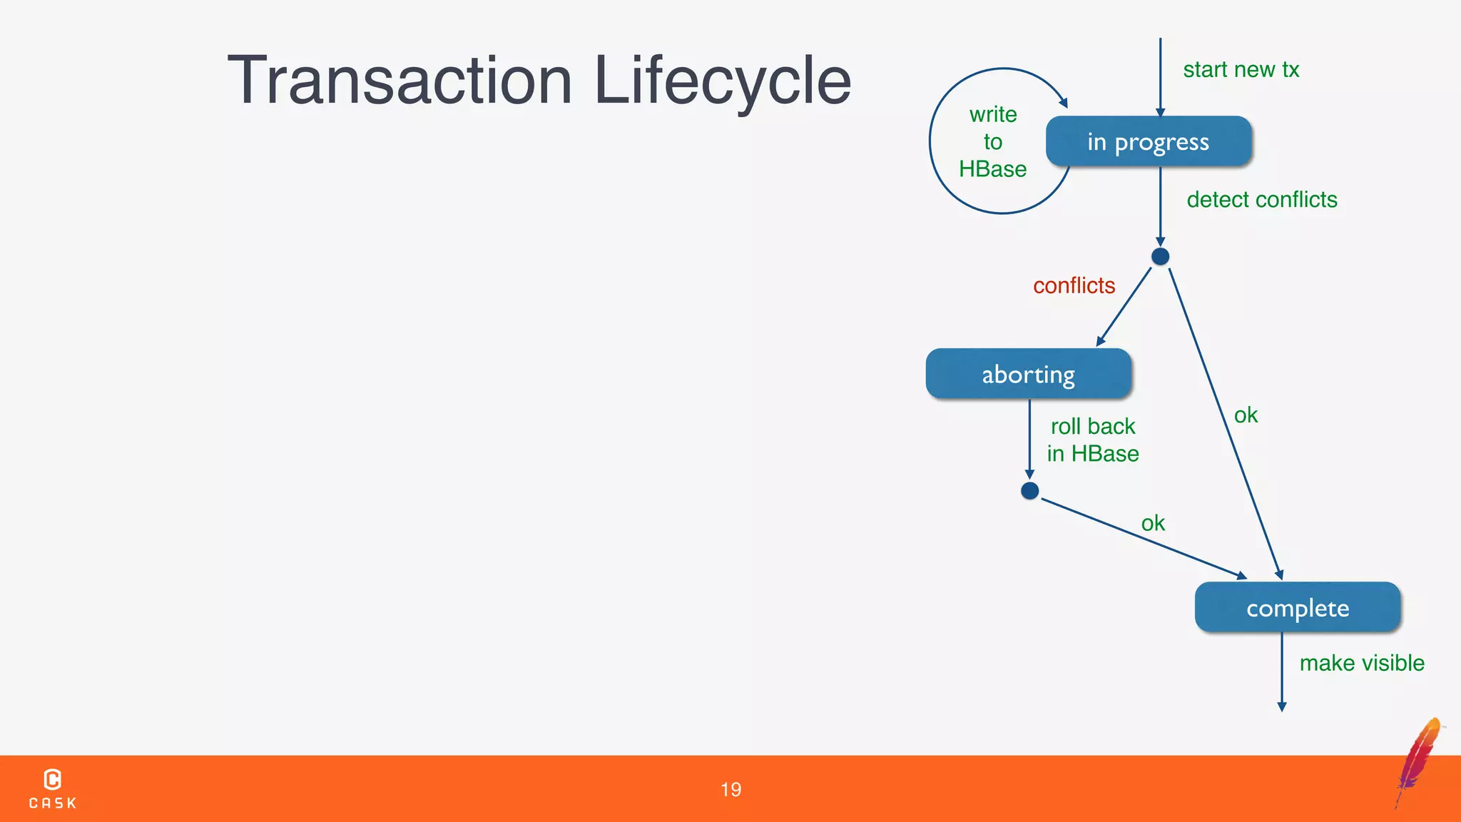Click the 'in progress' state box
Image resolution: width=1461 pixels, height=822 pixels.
point(1149,142)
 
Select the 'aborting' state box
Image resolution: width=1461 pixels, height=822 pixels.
point(1028,374)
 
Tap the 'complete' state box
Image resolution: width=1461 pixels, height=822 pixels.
point(1297,608)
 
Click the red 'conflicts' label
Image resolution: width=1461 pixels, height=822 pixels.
point(1074,285)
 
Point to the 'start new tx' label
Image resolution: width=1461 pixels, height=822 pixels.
point(1241,70)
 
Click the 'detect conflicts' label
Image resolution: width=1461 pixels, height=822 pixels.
point(1261,200)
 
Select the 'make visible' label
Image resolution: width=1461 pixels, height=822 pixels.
point(1361,663)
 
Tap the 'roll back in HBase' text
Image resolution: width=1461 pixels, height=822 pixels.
point(1092,440)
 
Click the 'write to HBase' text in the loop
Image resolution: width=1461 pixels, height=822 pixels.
point(992,142)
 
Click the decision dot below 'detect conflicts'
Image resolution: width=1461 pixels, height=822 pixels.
point(1160,256)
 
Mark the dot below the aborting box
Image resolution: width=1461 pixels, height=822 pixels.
point(1029,491)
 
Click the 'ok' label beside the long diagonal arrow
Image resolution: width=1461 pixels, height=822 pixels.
point(1246,415)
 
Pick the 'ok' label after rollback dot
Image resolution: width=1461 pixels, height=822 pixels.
point(1152,524)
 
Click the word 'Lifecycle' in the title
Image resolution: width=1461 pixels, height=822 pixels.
point(722,81)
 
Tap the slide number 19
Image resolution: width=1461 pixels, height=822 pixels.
point(730,789)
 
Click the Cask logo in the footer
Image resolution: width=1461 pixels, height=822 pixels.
point(53,788)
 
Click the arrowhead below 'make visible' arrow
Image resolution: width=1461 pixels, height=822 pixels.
point(1282,707)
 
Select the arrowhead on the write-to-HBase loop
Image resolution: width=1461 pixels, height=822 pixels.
point(1063,103)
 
